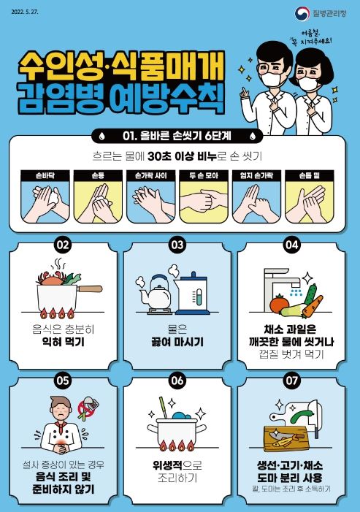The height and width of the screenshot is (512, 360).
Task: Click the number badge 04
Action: (x=292, y=246)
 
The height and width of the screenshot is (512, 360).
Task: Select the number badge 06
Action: (x=177, y=380)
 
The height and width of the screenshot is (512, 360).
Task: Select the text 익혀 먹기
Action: (x=64, y=340)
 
